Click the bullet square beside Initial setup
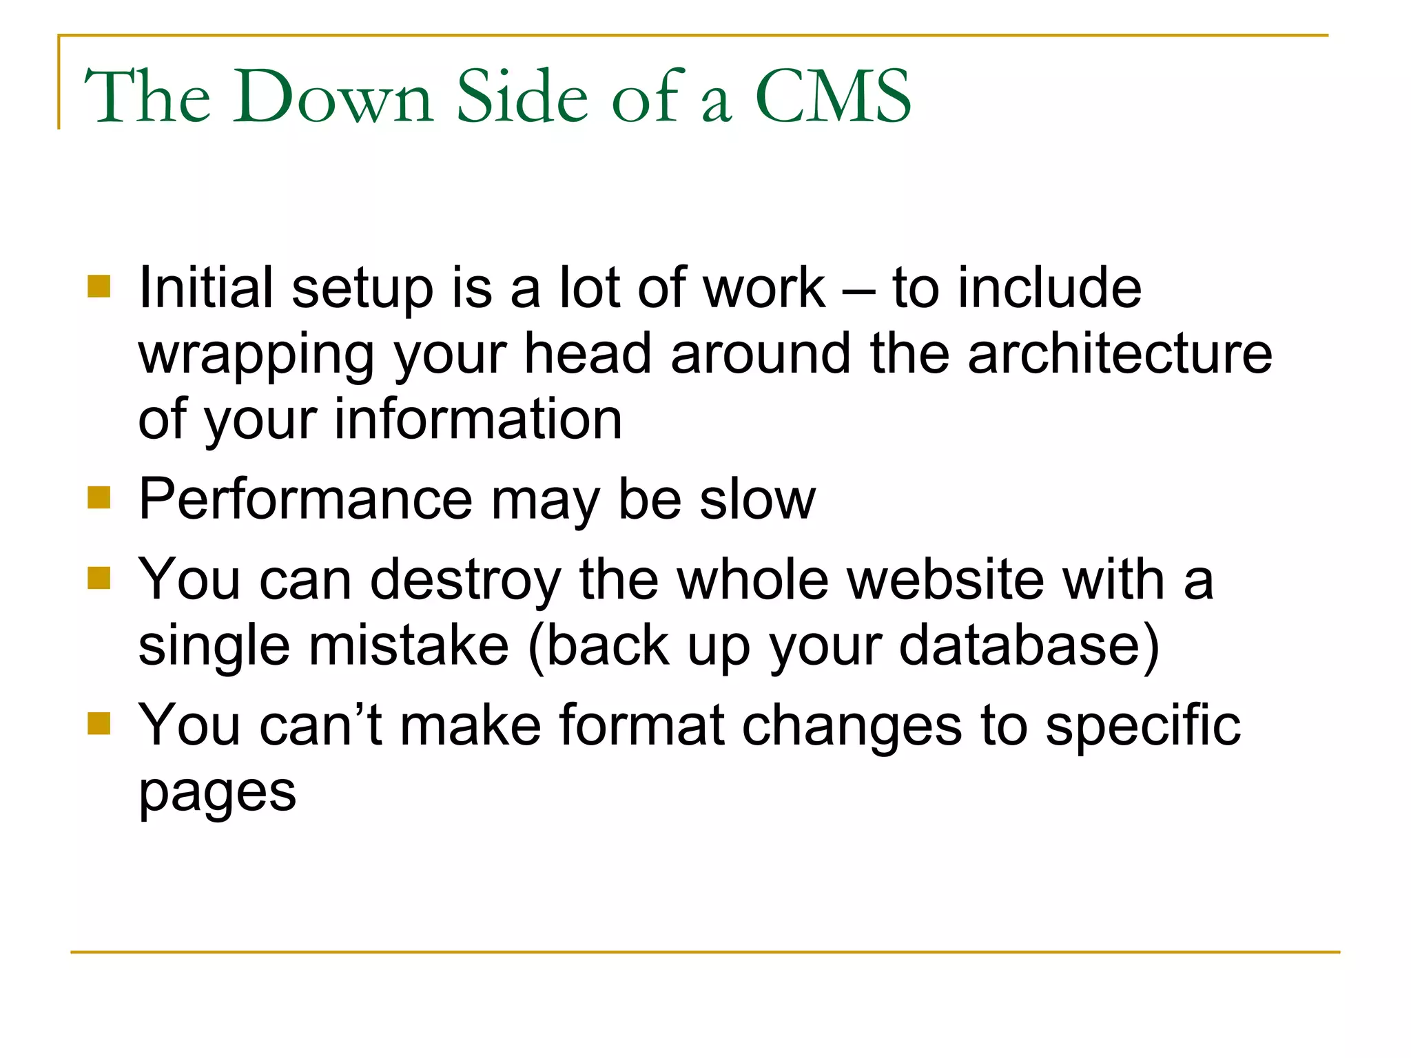coord(99,287)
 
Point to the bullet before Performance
coord(99,497)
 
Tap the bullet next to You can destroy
coord(99,579)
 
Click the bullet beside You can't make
coord(99,723)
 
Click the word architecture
coord(1120,353)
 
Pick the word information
coord(478,419)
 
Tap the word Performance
coord(305,499)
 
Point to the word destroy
coord(466,581)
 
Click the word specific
coord(1143,726)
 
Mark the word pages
coord(218,793)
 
